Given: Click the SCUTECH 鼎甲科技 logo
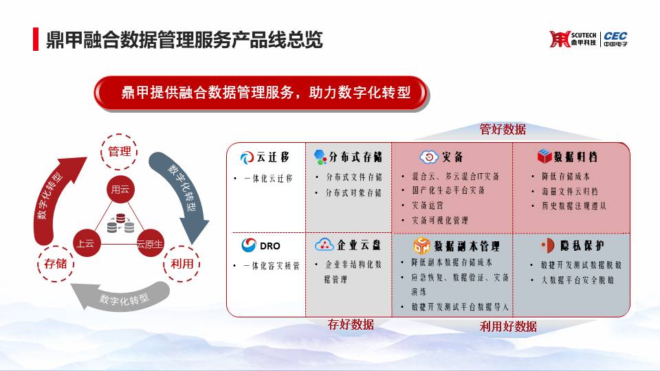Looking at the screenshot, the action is [x=573, y=39].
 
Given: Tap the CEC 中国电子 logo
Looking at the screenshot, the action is [x=615, y=39].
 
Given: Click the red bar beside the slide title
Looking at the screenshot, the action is [x=36, y=39].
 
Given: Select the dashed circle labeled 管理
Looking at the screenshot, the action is [x=119, y=152].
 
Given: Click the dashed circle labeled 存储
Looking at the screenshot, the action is [x=56, y=264].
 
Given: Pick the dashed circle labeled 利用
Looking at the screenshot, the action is [x=181, y=264].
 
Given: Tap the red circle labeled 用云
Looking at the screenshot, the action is [x=120, y=190].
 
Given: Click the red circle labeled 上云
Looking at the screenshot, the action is [x=87, y=243].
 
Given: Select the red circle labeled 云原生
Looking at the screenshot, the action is [x=150, y=243].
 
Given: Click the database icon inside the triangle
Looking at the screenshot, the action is [x=120, y=223].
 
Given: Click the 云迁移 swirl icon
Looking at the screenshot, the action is [x=247, y=158].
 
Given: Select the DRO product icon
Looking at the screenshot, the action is [x=249, y=245].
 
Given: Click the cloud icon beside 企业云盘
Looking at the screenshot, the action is [x=324, y=245].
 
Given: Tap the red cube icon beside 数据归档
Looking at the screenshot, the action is [x=544, y=157].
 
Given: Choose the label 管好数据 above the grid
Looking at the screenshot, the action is [x=503, y=129].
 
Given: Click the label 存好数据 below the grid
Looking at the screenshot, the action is [x=351, y=324].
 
